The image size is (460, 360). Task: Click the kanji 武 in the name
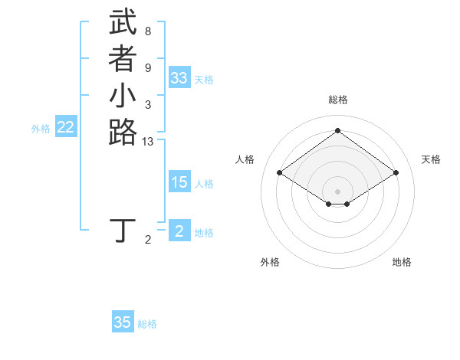123,23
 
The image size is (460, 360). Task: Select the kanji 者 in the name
123,59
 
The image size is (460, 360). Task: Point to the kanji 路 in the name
123,132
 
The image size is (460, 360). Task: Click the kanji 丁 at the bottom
123,230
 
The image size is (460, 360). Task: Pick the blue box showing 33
179,78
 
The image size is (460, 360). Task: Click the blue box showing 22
66,128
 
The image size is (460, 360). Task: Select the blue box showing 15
179,182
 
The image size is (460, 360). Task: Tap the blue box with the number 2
179,231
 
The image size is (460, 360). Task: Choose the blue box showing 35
123,322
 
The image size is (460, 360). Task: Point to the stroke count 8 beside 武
148,31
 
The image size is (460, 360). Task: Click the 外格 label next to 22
41,129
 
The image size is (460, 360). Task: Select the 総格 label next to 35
147,324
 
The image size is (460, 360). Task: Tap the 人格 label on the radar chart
245,159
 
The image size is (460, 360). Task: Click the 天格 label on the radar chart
431,159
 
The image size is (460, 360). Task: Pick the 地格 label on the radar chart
402,262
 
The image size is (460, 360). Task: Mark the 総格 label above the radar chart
338,100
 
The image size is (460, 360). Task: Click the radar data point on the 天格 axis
396,173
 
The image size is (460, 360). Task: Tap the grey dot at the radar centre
338,191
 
